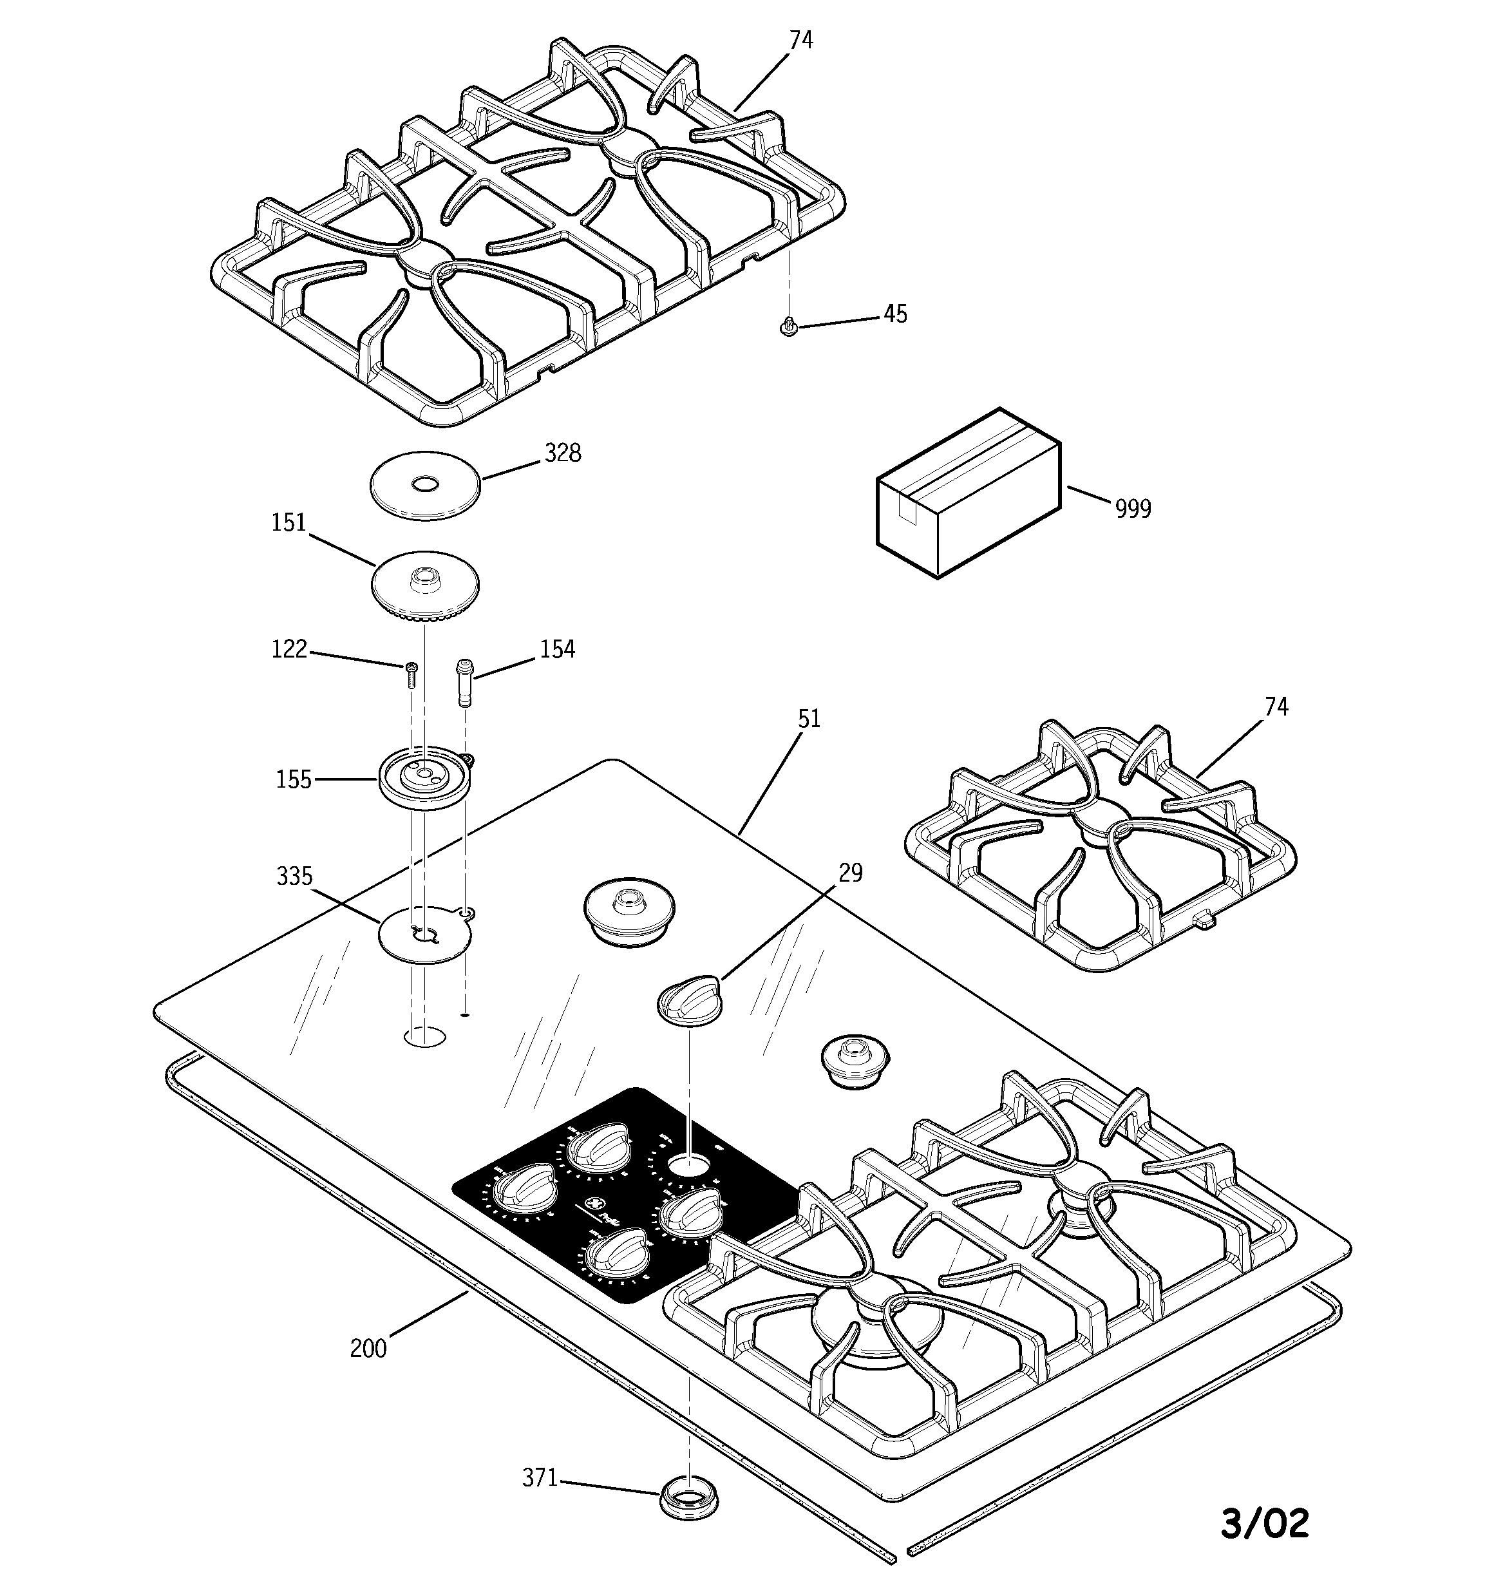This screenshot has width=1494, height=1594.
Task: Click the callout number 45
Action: [x=895, y=314]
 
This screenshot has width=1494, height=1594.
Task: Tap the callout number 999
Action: [x=1133, y=508]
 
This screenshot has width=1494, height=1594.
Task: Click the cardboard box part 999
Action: [x=969, y=492]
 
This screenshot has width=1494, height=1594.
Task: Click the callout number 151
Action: [x=288, y=523]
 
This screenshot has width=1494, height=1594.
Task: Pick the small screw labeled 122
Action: [x=411, y=674]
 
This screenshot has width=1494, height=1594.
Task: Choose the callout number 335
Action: [x=294, y=877]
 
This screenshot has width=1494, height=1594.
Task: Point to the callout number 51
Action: [x=809, y=718]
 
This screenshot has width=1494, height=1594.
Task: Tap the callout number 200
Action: [x=368, y=1349]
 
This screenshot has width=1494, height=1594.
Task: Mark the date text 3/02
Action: [x=1265, y=1523]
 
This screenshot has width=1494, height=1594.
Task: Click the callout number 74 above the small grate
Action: [x=1276, y=707]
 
